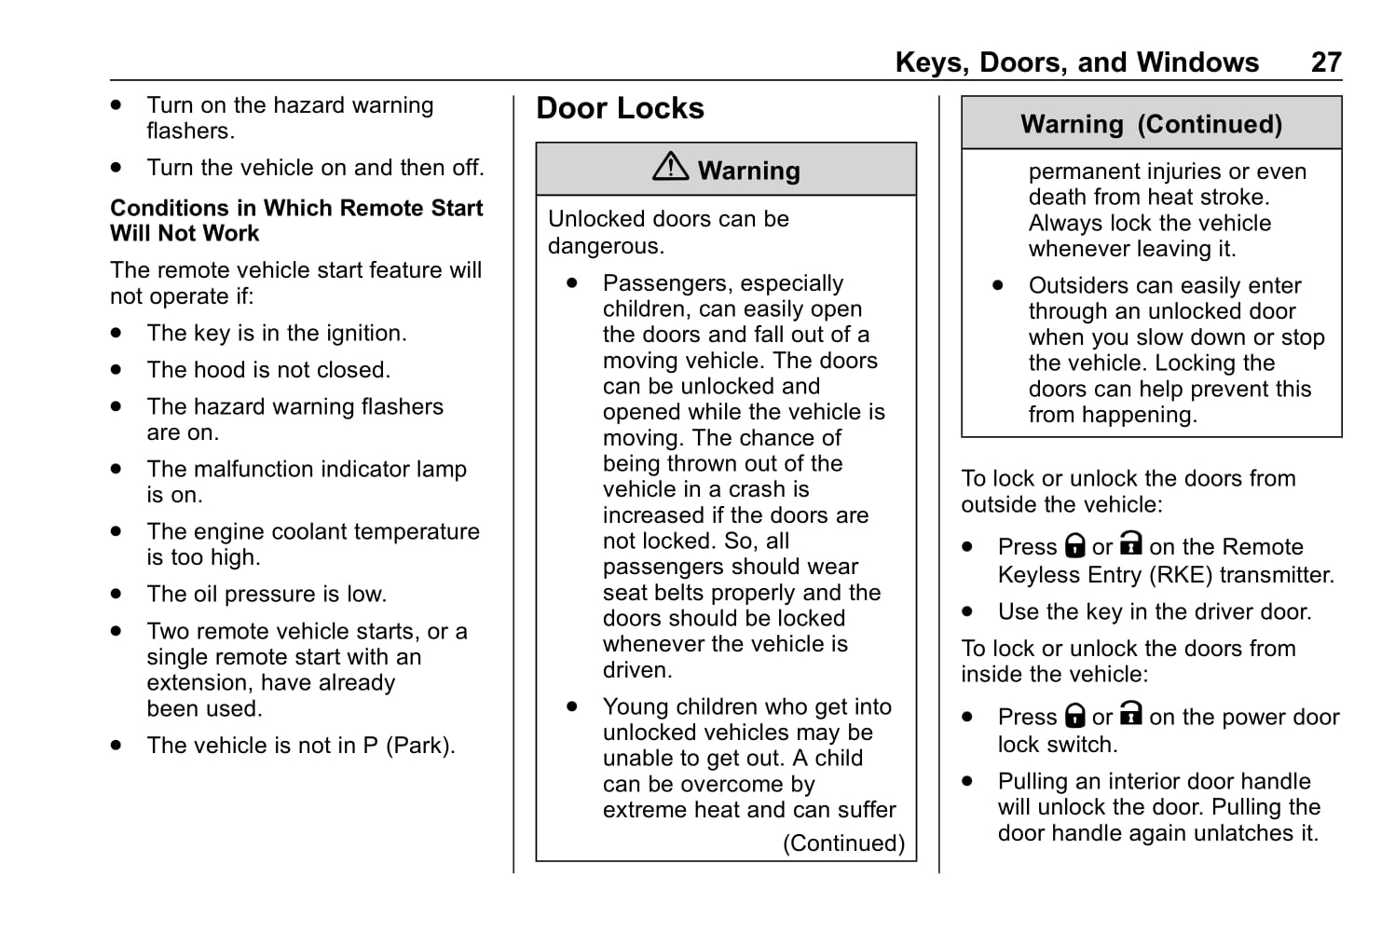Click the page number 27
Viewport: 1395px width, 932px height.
[1325, 62]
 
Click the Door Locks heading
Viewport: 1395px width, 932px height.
[620, 108]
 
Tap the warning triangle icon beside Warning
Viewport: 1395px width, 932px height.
[670, 167]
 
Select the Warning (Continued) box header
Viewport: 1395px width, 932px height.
[1151, 124]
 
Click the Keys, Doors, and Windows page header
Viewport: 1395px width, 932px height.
[1076, 62]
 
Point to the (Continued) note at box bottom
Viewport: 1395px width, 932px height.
[843, 843]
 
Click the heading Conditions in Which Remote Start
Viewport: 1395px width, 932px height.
[296, 208]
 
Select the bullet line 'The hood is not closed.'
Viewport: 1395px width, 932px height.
[268, 370]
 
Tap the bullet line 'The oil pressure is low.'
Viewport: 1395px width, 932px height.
[267, 595]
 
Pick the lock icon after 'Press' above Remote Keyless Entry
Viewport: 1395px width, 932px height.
[1075, 545]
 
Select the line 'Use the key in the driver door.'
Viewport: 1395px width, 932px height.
[1155, 611]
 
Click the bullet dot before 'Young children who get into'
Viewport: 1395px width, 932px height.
[572, 706]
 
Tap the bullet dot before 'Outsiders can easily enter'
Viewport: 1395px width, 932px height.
[998, 285]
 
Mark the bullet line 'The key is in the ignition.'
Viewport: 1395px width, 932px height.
[277, 334]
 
